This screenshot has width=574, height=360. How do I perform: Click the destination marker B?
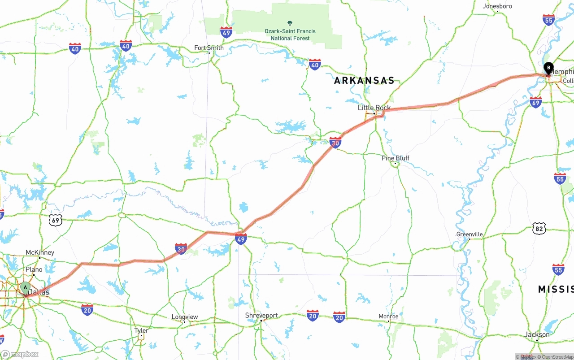pyautogui.click(x=548, y=68)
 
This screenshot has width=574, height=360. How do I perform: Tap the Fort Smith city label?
pyautogui.click(x=209, y=48)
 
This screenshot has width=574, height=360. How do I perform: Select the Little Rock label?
pyautogui.click(x=374, y=108)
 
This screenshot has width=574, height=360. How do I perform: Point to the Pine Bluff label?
pyautogui.click(x=395, y=158)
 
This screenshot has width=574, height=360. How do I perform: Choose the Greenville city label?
pyautogui.click(x=470, y=234)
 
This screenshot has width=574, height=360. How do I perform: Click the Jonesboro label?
pyautogui.click(x=497, y=6)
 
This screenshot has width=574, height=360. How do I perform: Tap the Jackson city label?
pyautogui.click(x=537, y=335)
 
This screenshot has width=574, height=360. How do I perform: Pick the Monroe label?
pyautogui.click(x=388, y=317)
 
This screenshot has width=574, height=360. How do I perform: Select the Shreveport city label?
pyautogui.click(x=261, y=316)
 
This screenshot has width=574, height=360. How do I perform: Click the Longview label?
pyautogui.click(x=185, y=317)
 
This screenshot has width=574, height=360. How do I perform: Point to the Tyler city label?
pyautogui.click(x=141, y=330)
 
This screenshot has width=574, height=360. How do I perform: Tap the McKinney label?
pyautogui.click(x=40, y=253)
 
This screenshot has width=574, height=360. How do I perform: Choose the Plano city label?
pyautogui.click(x=34, y=269)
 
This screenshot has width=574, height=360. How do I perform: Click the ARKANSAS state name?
pyautogui.click(x=364, y=81)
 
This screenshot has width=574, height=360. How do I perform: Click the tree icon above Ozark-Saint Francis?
pyautogui.click(x=290, y=23)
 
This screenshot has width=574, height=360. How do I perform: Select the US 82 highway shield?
pyautogui.click(x=539, y=228)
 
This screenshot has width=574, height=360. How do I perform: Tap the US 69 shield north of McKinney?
pyautogui.click(x=56, y=220)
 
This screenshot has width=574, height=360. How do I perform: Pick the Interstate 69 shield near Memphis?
pyautogui.click(x=535, y=102)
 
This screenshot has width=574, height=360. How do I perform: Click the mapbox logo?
pyautogui.click(x=20, y=355)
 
